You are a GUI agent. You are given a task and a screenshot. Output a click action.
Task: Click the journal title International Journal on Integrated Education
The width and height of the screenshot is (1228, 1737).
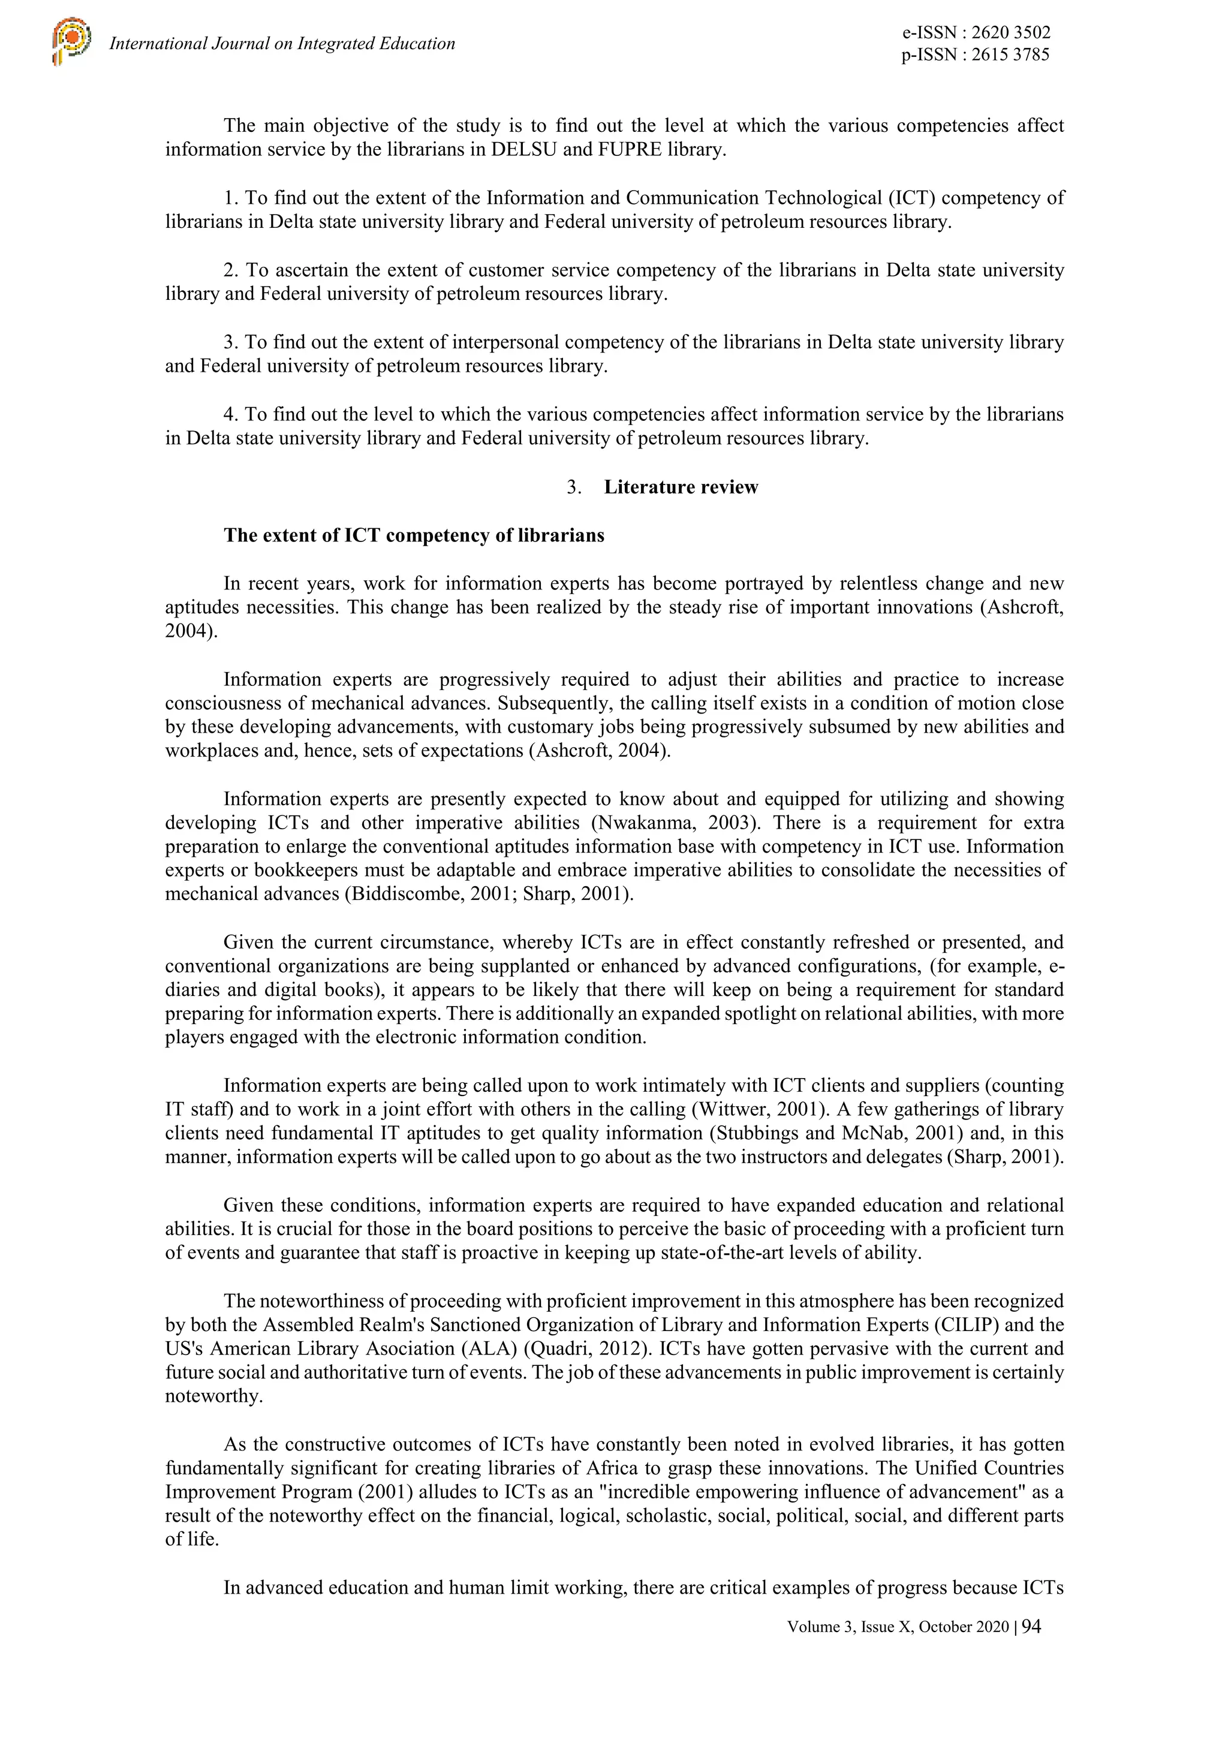[x=282, y=44]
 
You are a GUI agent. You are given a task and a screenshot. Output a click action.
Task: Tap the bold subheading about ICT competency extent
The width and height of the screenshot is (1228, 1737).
[x=414, y=535]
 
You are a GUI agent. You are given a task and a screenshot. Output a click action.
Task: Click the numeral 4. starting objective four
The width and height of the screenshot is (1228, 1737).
[x=231, y=414]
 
